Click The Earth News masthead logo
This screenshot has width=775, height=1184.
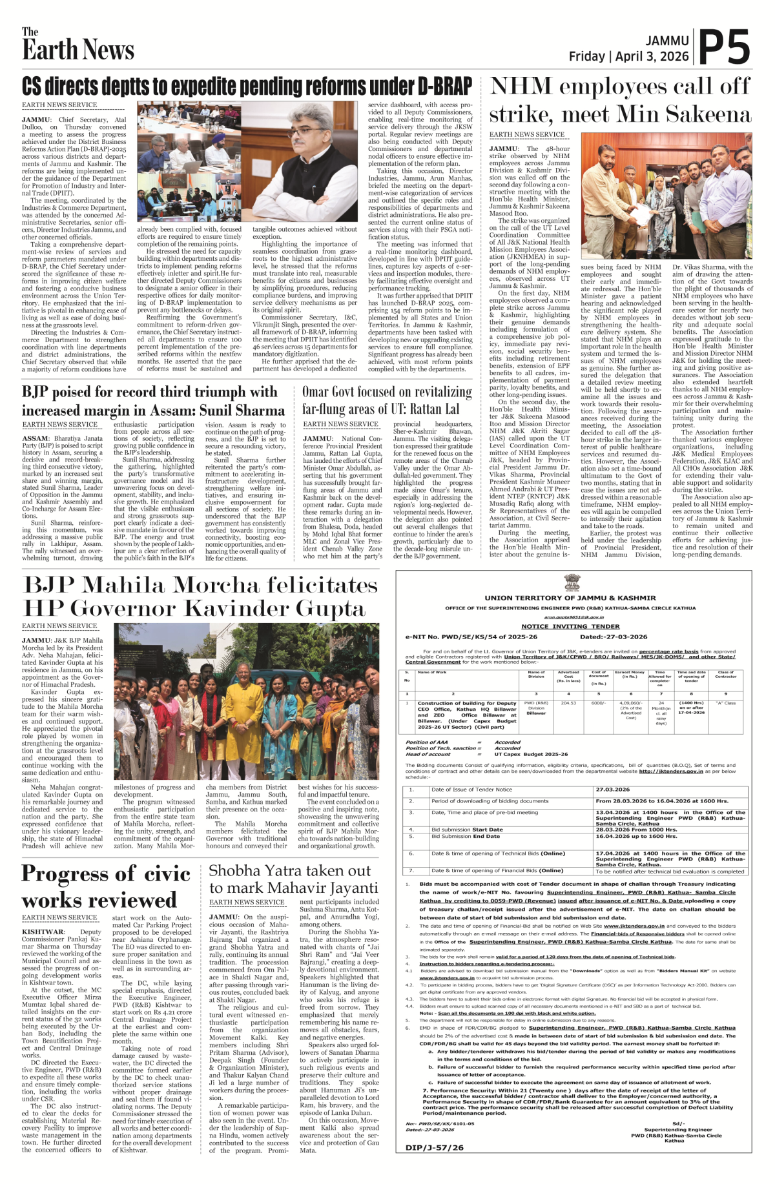77,45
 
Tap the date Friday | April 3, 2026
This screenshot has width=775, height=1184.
628,57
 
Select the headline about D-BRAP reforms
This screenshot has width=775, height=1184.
247,86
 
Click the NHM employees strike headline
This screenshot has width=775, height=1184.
620,100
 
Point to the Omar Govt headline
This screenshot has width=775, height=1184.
387,400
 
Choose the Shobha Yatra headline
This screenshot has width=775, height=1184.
293,879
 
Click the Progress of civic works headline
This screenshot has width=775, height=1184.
106,886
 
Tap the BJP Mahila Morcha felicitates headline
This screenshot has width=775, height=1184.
201,597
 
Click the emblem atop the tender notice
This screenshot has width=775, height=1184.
573,583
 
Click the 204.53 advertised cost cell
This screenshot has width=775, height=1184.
568,703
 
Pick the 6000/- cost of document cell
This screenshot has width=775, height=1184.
598,703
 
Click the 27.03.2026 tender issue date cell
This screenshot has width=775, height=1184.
613,790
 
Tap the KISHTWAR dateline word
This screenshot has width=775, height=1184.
43,932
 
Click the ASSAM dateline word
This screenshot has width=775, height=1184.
36,438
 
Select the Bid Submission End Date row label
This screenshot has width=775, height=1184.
465,836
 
